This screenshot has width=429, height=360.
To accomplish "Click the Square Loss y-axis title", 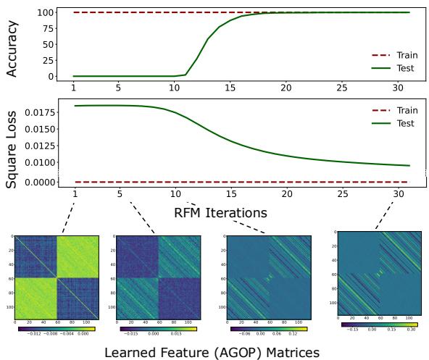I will [12, 145].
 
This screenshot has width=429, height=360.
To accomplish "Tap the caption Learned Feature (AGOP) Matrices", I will [214, 351].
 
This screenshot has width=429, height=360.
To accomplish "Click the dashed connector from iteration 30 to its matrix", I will [387, 214].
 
